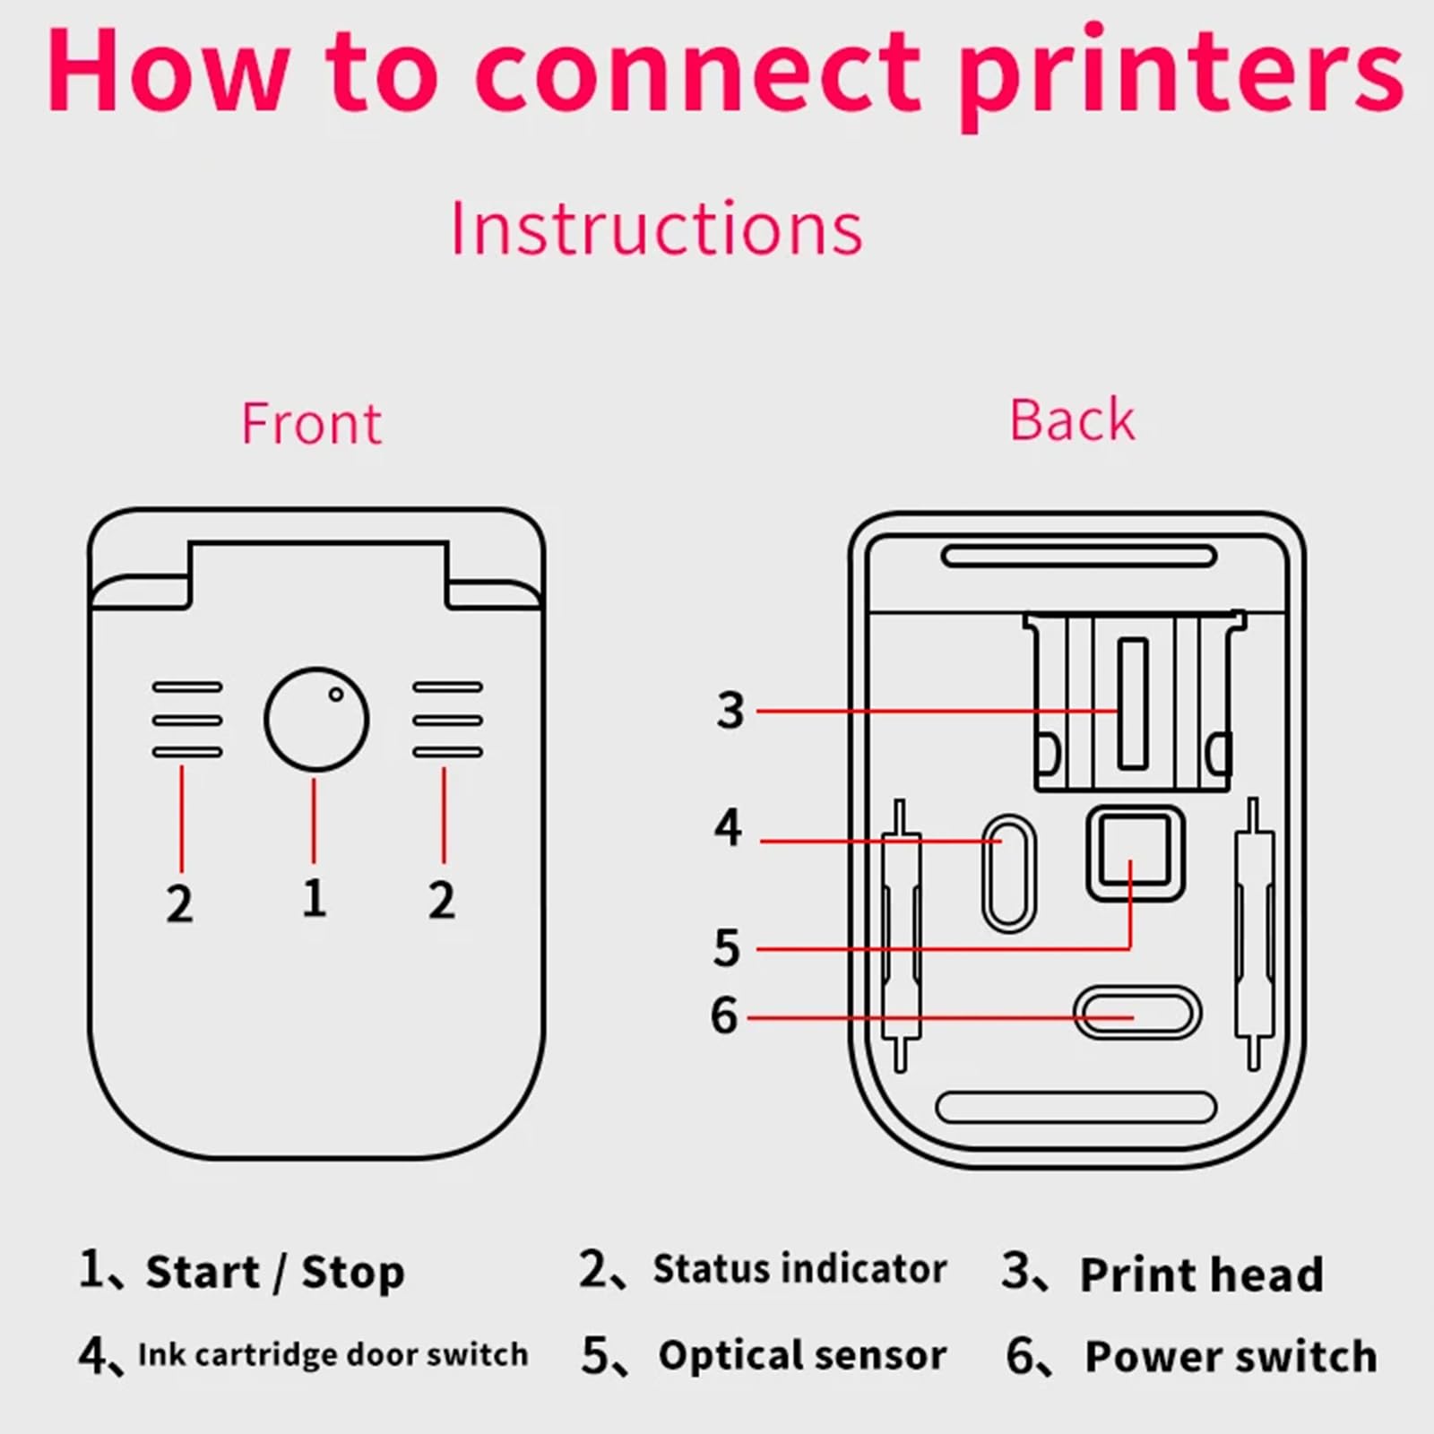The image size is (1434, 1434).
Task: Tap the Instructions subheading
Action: [x=656, y=229]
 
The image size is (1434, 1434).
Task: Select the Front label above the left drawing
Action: [x=311, y=423]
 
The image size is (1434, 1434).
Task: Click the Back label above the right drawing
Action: [x=1072, y=419]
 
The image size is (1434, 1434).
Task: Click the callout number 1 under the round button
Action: [x=314, y=898]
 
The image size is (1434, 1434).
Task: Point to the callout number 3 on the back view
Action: [x=730, y=711]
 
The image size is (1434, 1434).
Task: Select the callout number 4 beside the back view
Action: [x=728, y=827]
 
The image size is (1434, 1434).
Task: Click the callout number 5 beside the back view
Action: [x=727, y=947]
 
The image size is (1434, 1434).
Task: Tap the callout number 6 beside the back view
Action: [x=724, y=1015]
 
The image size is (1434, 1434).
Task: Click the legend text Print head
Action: [x=1201, y=1274]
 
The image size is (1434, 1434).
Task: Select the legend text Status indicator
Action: [x=799, y=1268]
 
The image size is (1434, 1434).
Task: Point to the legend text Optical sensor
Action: [x=802, y=1355]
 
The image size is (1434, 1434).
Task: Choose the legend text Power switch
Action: [x=1231, y=1356]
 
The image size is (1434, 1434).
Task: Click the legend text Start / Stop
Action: [x=275, y=1272]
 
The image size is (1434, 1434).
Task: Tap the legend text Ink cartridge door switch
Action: [x=333, y=1354]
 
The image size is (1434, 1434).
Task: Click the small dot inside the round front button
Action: [x=335, y=694]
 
